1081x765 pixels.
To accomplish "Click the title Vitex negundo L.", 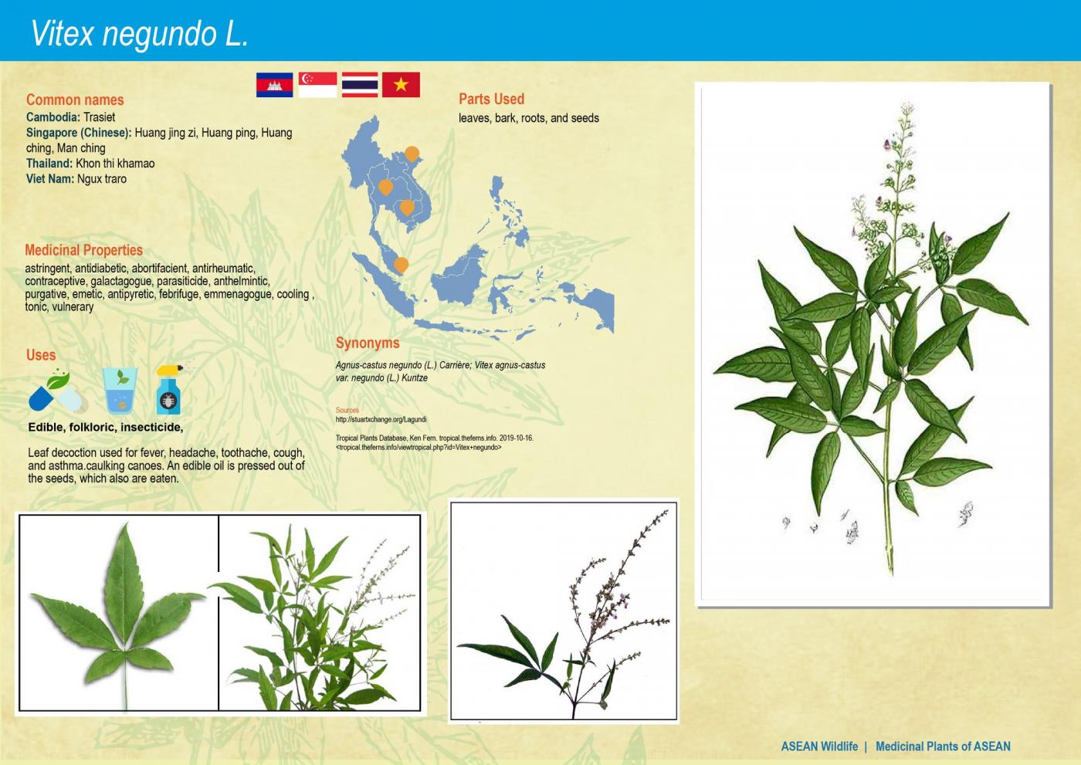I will coord(140,34).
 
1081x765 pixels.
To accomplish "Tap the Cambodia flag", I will coord(274,85).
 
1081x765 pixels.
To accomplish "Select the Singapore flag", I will coord(317,85).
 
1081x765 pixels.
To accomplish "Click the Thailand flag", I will coord(360,85).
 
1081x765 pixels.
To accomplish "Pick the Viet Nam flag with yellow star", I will coord(401,85).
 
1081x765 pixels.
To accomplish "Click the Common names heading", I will coord(75,100).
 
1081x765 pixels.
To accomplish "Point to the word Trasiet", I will coord(99,117).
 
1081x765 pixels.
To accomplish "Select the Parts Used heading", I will coord(491,99).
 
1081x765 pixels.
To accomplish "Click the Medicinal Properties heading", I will coord(83,250).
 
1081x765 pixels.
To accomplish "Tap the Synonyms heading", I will coord(368,343).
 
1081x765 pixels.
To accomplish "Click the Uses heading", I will coord(41,355).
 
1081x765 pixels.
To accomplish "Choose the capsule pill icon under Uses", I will coord(56,392).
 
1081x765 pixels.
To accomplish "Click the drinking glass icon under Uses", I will coord(120,391).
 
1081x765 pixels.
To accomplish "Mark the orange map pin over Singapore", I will coord(401,265).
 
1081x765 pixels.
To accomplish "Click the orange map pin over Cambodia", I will coord(406,207).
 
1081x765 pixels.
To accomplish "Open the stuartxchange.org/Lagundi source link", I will coord(381,420).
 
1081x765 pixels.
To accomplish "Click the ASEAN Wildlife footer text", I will coord(819,746).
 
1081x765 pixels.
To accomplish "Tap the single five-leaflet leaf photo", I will coord(118,612).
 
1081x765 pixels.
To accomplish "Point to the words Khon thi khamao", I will coord(115,164).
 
